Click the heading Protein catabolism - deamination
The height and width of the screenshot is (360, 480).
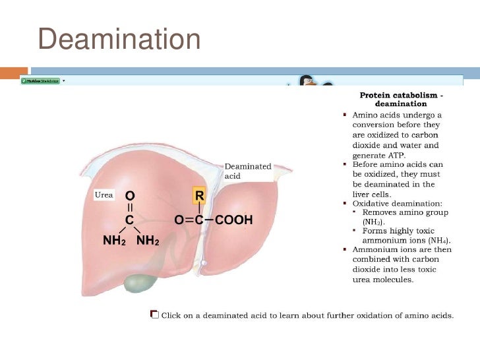[x=401, y=100]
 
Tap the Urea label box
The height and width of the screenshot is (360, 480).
[x=102, y=195]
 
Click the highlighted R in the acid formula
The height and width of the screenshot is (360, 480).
[x=199, y=195]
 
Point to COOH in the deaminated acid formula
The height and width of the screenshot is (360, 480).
[x=234, y=220]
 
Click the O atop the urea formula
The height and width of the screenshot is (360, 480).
[x=130, y=196]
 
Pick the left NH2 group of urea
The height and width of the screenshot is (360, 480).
[x=113, y=241]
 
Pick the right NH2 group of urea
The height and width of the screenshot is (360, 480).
[x=148, y=241]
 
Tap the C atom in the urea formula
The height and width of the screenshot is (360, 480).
[x=130, y=220]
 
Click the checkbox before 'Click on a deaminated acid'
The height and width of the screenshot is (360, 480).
[x=154, y=315]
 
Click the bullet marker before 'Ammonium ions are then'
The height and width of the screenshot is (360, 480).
[x=345, y=250]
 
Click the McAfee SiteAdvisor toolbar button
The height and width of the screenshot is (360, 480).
[x=40, y=80]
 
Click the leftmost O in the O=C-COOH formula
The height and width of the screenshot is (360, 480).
[x=179, y=220]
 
